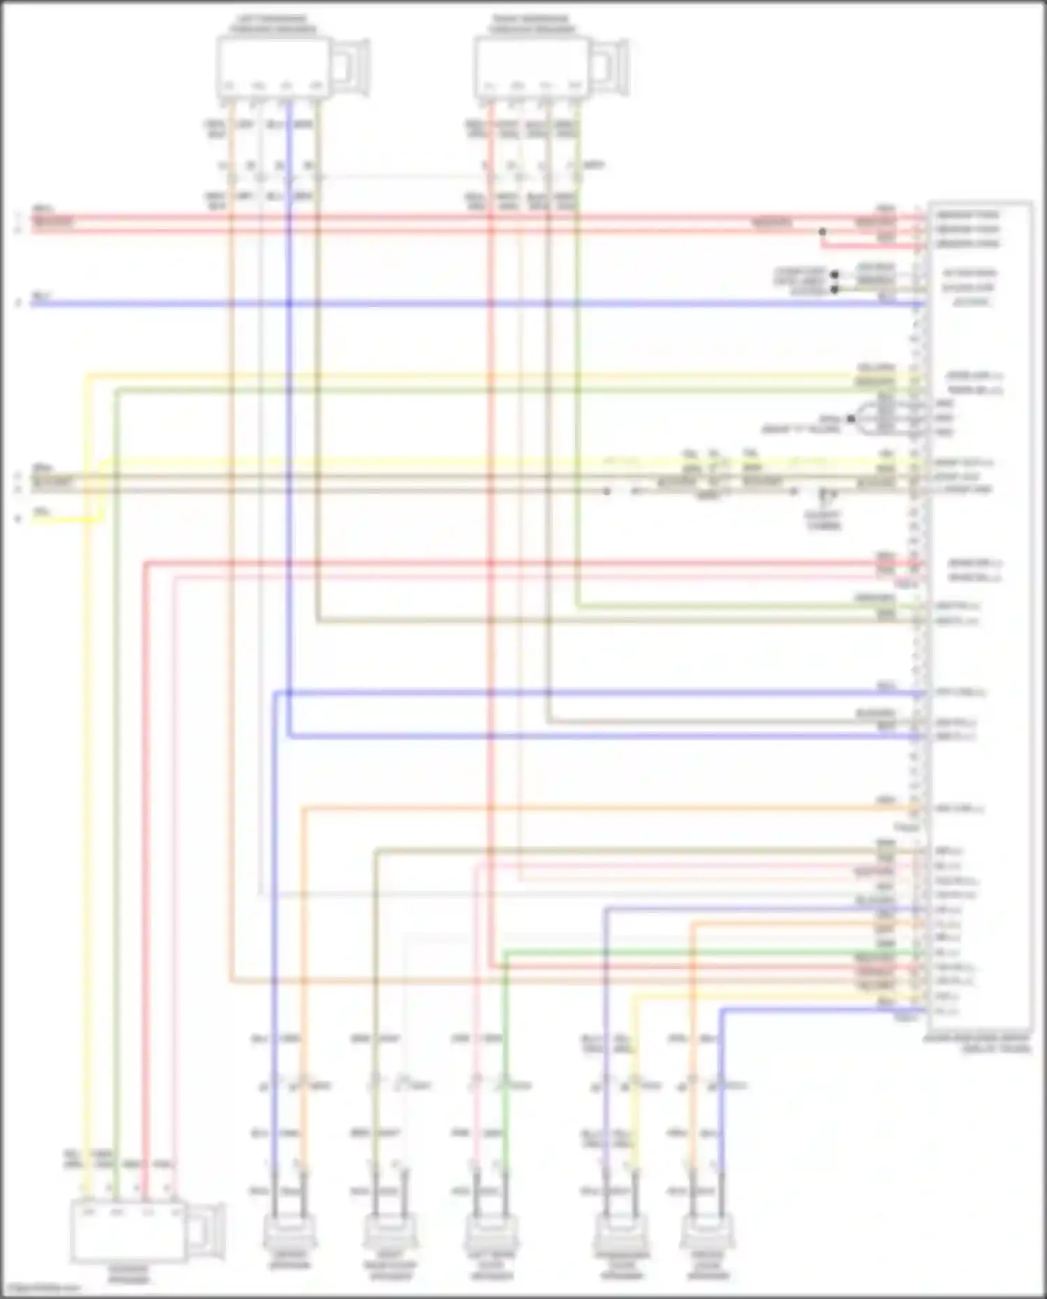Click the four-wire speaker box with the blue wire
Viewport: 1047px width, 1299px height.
(x=272, y=67)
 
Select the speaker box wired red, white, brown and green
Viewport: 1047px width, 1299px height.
(x=530, y=67)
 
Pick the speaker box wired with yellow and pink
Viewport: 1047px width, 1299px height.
(x=128, y=1231)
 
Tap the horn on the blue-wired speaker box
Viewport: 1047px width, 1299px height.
(x=352, y=67)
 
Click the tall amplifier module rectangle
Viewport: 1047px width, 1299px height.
(x=980, y=614)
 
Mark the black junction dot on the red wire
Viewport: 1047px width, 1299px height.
(x=823, y=232)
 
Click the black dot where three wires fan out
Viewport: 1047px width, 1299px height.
(x=851, y=419)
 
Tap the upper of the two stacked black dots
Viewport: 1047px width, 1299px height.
(x=834, y=275)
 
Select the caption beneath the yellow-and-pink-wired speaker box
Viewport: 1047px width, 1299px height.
(x=128, y=1275)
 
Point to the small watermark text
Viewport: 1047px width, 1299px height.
(x=40, y=1289)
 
